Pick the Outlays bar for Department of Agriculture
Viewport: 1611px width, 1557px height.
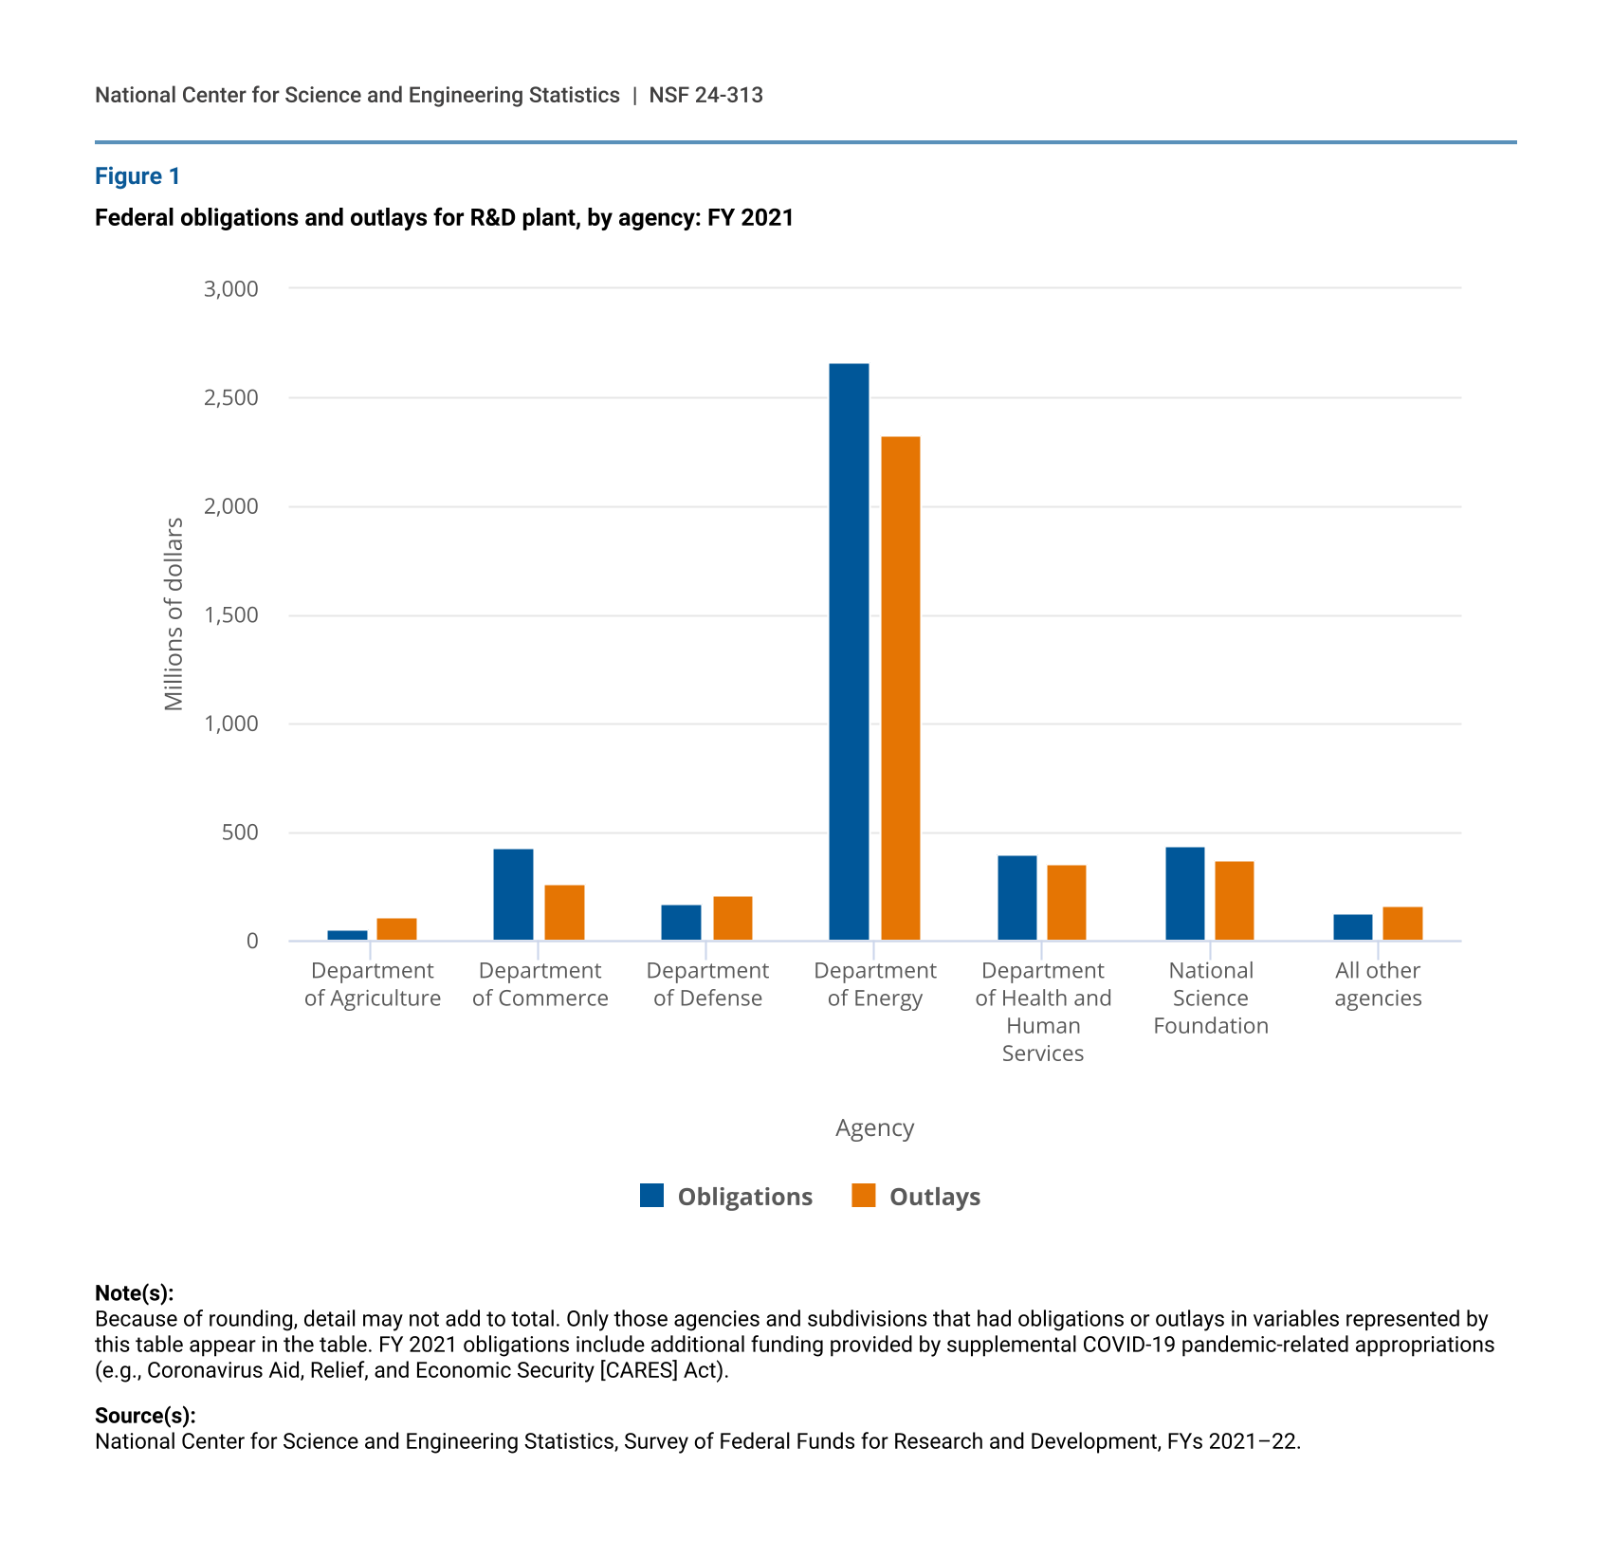point(396,929)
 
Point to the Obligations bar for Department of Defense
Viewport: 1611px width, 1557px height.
point(681,923)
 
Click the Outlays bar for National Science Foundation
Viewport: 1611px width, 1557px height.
point(1235,901)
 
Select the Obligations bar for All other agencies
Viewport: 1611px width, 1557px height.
point(1352,927)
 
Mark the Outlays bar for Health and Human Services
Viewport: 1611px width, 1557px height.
point(1067,903)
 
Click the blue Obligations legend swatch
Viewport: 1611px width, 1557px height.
point(651,1196)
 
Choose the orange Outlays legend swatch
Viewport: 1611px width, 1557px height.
point(863,1196)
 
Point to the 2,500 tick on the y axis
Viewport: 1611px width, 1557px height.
point(231,398)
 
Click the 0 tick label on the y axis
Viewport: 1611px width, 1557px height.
point(252,942)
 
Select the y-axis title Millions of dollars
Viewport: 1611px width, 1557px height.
point(174,614)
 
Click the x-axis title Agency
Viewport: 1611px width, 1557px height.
point(874,1128)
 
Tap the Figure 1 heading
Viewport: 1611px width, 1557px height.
point(137,176)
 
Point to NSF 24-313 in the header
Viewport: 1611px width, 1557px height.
point(705,96)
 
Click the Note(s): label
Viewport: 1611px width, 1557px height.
point(134,1293)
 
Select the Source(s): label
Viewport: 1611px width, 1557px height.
point(145,1416)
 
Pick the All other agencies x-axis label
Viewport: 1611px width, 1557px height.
point(1378,984)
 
